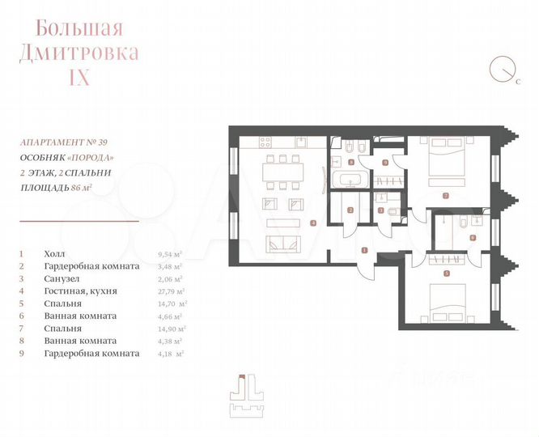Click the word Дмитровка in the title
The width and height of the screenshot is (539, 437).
[x=79, y=53]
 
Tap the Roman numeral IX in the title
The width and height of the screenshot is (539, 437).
[x=79, y=78]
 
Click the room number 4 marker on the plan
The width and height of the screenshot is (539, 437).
[x=312, y=222]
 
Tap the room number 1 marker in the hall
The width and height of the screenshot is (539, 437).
[x=365, y=249]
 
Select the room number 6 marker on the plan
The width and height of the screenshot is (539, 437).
[x=471, y=237]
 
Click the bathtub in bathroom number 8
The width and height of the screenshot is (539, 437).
[x=349, y=179]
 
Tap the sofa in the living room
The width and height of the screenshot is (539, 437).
[x=287, y=243]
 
